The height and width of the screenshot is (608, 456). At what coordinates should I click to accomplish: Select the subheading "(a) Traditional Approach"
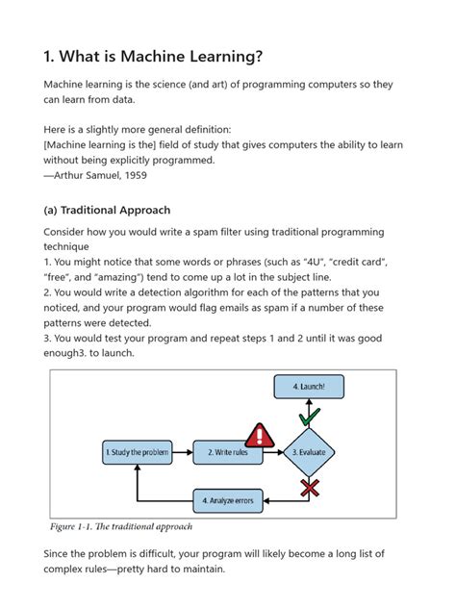point(107,210)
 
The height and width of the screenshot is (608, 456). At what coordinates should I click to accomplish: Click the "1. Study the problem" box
point(137,451)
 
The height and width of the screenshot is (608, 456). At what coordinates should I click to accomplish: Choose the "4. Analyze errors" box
point(230,500)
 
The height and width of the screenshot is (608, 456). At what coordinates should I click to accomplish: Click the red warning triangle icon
point(259,434)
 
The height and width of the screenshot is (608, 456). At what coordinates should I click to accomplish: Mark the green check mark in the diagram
point(308,417)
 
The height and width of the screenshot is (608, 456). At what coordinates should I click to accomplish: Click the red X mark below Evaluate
point(309,489)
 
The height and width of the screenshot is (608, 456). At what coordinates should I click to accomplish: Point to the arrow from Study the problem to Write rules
point(183,451)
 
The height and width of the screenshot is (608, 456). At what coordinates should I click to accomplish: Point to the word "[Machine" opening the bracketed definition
point(74,144)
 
